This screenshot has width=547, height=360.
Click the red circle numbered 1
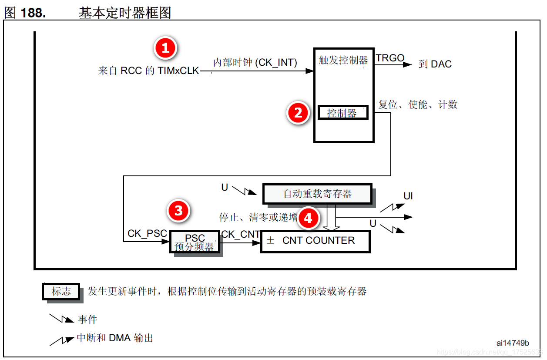pyautogui.click(x=165, y=48)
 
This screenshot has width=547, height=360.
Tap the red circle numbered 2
pyautogui.click(x=298, y=113)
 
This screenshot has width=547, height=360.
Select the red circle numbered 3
pyautogui.click(x=178, y=211)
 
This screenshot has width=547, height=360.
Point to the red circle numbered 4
pyautogui.click(x=308, y=218)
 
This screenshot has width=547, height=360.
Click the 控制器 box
pyautogui.click(x=342, y=113)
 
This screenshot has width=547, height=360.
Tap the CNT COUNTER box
pyautogui.click(x=315, y=241)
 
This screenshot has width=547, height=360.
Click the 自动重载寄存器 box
pyautogui.click(x=317, y=194)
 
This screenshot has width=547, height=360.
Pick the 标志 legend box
pyautogui.click(x=61, y=292)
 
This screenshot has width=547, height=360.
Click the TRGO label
pyautogui.click(x=390, y=58)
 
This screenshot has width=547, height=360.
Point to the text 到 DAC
pyautogui.click(x=435, y=64)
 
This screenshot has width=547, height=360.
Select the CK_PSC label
pyautogui.click(x=147, y=234)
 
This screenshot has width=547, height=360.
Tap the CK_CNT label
pyautogui.click(x=241, y=235)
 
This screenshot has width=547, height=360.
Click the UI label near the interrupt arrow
pyautogui.click(x=408, y=196)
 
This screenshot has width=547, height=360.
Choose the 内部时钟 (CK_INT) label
pyautogui.click(x=255, y=63)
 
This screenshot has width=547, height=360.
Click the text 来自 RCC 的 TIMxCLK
pyautogui.click(x=148, y=71)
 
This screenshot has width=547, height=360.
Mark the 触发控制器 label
pyautogui.click(x=343, y=60)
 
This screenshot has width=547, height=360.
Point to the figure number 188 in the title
pyautogui.click(x=33, y=13)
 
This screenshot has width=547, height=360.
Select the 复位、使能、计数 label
pyautogui.click(x=418, y=104)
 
